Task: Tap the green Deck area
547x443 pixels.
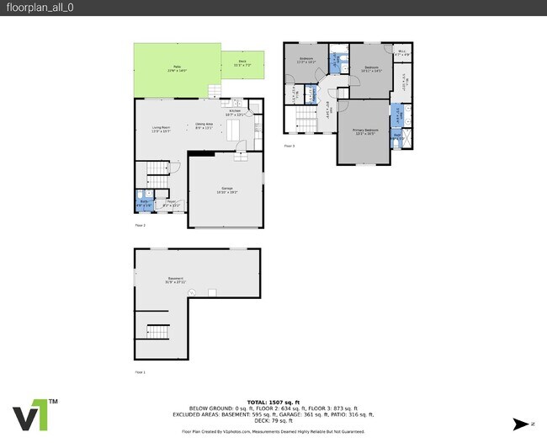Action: point(242,61)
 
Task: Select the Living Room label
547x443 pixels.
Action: point(149,129)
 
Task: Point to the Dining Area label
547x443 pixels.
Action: point(204,127)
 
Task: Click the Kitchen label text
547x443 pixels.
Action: point(236,112)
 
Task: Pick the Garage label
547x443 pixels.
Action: point(226,189)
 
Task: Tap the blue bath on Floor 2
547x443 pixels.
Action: point(143,202)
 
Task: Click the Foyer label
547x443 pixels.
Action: point(170,203)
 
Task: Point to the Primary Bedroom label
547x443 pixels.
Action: point(364,131)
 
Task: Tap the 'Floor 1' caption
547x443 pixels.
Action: point(140,371)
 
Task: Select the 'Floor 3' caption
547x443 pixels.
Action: point(289,146)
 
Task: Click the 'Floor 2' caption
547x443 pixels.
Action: point(140,226)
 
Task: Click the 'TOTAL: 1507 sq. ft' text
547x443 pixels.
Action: point(273,403)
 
